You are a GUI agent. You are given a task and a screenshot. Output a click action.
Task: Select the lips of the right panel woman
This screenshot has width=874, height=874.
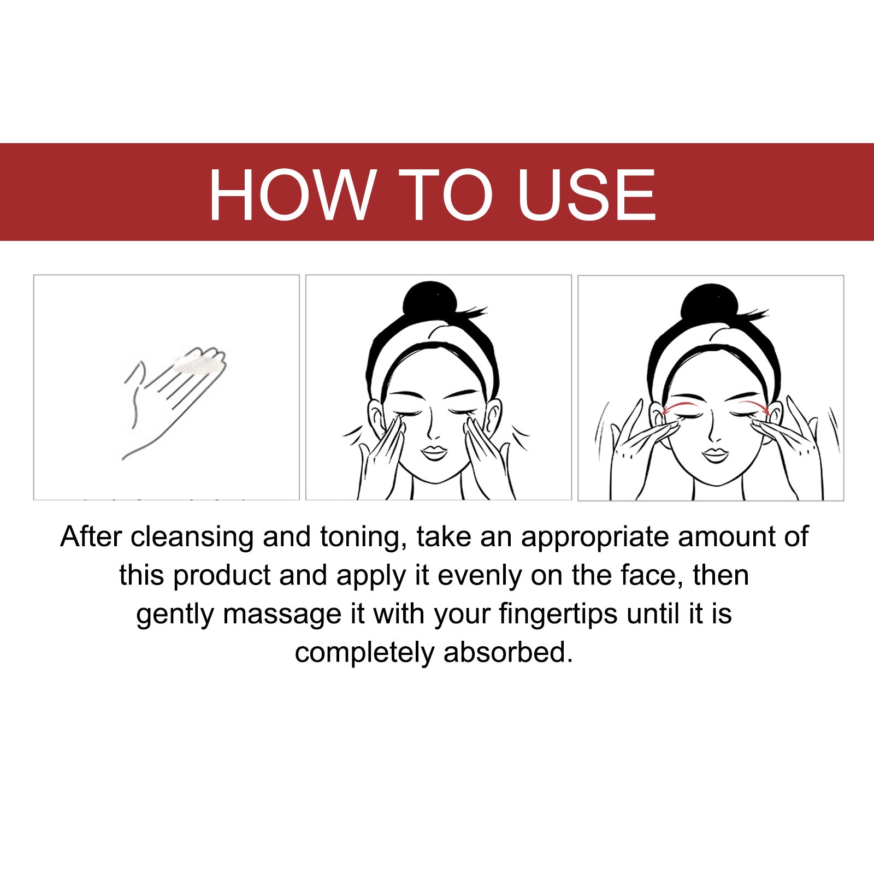(x=715, y=454)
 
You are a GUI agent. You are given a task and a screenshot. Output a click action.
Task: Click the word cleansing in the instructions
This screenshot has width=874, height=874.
(x=192, y=538)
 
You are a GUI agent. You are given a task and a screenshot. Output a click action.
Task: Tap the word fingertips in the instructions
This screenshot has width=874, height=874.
(x=558, y=615)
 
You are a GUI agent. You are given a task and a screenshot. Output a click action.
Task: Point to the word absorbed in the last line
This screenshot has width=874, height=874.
(x=508, y=653)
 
